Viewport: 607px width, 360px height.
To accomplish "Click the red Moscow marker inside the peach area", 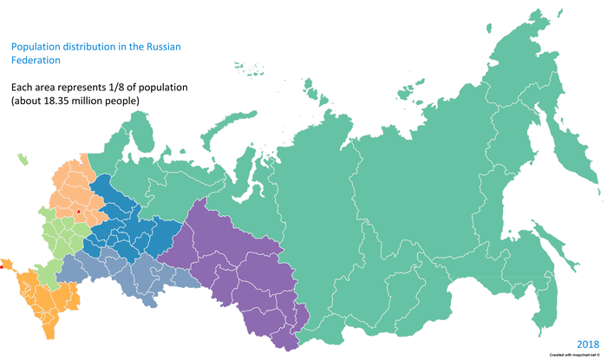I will pos(78,210).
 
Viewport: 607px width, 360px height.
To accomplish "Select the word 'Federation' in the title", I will pos(35,62).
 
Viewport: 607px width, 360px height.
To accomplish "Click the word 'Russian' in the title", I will pos(166,47).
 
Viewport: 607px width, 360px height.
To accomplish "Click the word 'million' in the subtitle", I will pos(106,101).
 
